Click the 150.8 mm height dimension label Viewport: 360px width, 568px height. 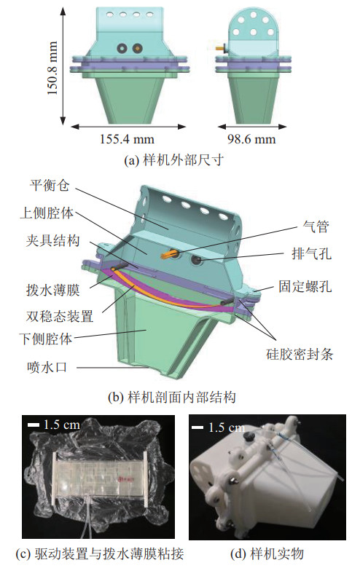(52, 68)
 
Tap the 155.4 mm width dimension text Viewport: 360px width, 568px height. (128, 139)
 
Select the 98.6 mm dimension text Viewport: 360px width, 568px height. (251, 139)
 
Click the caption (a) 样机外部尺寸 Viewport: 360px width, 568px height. (173, 159)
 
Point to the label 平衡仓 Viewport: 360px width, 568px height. (50, 185)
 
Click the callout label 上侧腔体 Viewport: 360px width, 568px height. (47, 213)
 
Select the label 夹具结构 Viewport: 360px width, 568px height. (52, 240)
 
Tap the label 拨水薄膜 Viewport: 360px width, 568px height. (53, 290)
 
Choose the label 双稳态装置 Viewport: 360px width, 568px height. (60, 316)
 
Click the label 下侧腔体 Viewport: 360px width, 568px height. (46, 339)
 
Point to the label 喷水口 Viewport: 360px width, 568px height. (47, 367)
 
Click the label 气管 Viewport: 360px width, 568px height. (316, 226)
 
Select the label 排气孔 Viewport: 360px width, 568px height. (311, 253)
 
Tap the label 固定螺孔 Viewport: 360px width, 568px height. (305, 286)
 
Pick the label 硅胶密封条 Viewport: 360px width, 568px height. (300, 354)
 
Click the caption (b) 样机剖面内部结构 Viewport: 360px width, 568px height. (172, 398)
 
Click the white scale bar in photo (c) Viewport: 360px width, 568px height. (34, 425)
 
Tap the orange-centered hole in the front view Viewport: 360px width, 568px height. (137, 47)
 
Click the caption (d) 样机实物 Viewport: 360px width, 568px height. (267, 553)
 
